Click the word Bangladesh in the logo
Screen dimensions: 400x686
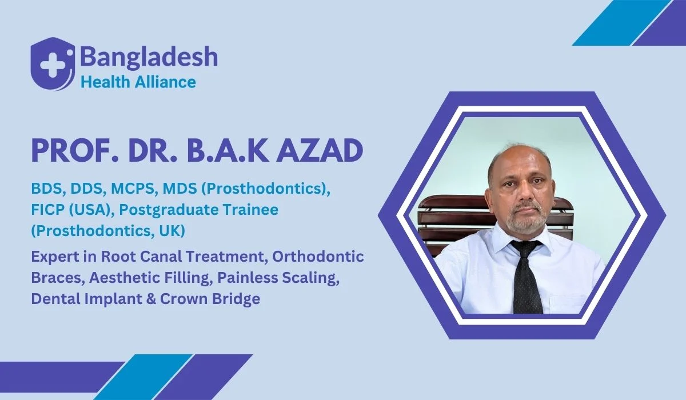pos(149,57)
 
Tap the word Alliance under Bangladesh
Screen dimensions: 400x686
pos(166,82)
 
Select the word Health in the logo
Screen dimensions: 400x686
pos(106,82)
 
